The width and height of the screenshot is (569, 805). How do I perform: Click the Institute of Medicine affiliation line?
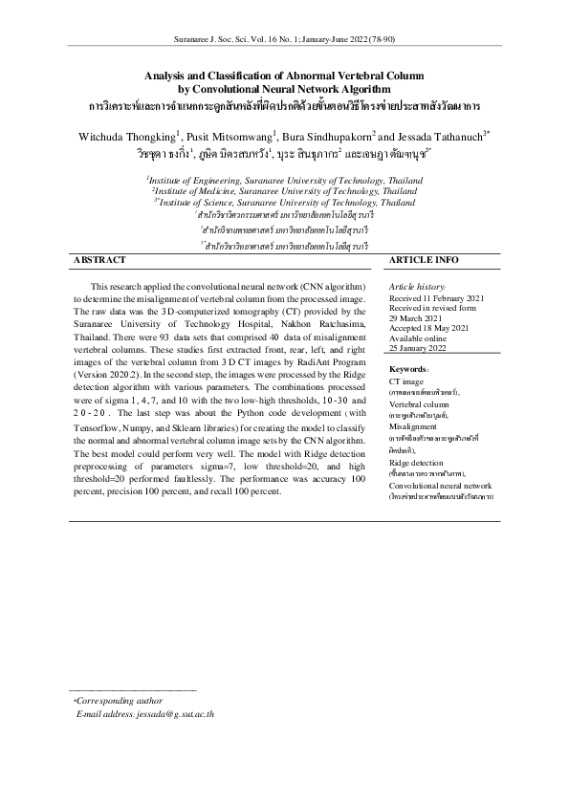pyautogui.click(x=283, y=190)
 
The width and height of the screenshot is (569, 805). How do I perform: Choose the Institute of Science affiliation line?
pyautogui.click(x=285, y=203)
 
